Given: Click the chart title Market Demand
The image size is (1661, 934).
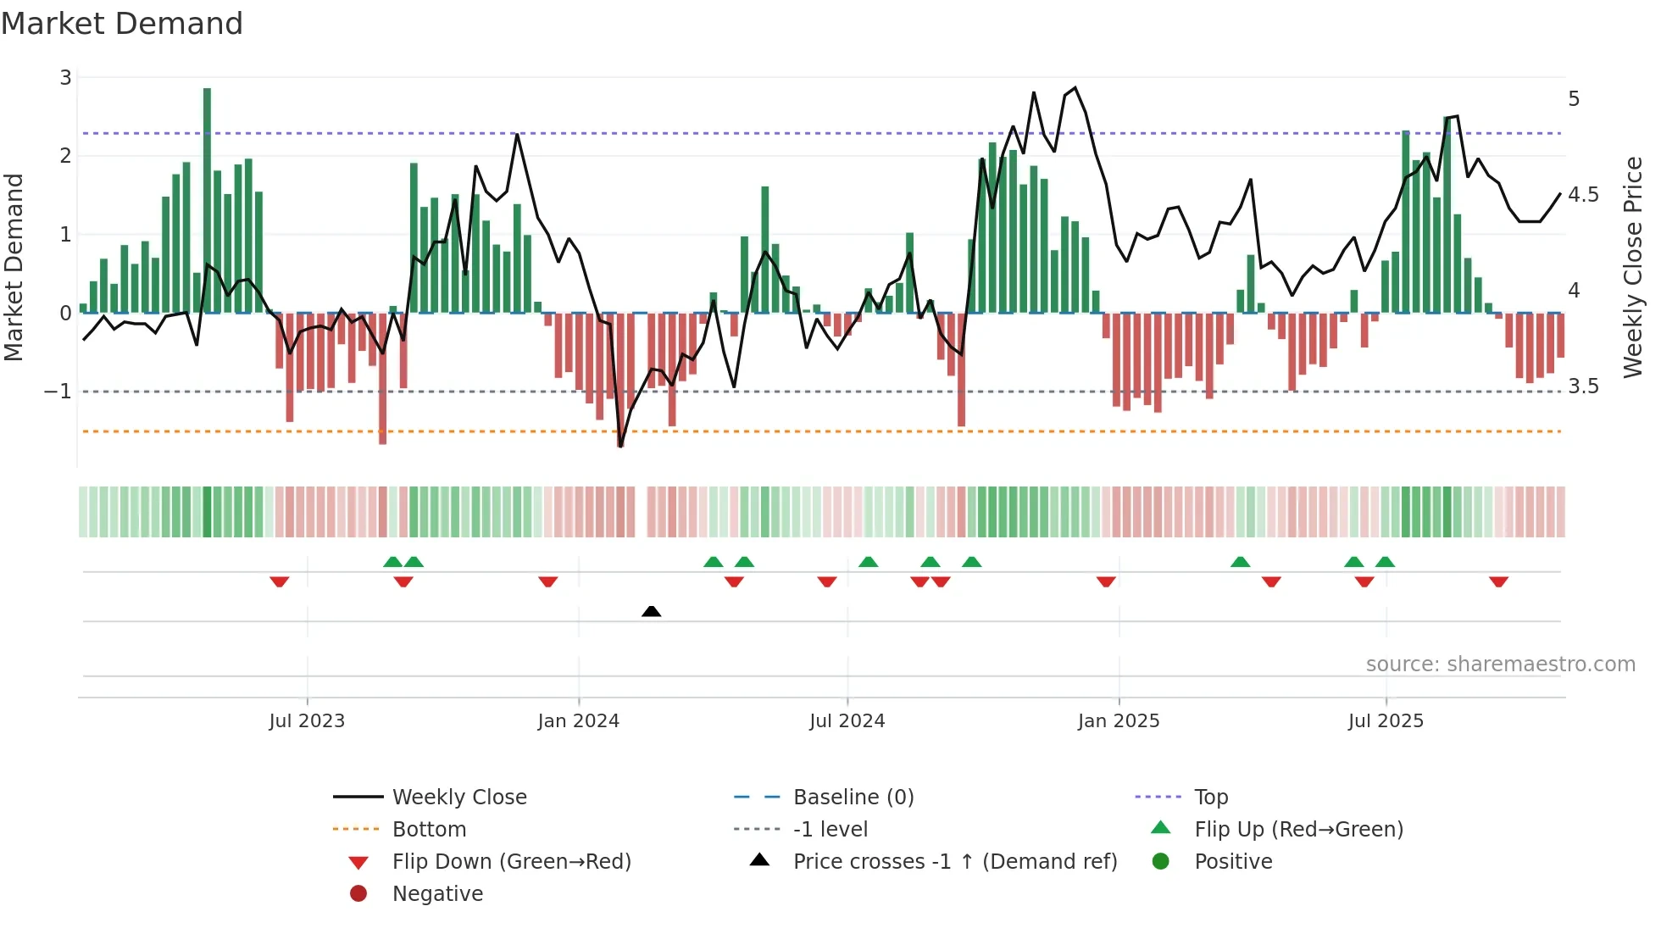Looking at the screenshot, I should [122, 24].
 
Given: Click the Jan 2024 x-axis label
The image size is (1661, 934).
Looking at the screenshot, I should [578, 721].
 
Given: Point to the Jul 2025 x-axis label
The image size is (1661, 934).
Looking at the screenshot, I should [1386, 721].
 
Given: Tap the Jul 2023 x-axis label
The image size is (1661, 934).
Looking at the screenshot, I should [307, 721].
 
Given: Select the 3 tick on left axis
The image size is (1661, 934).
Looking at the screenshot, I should [65, 78].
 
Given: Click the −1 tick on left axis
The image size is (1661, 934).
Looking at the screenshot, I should [58, 392].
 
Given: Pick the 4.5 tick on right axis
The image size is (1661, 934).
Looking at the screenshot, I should [1583, 195].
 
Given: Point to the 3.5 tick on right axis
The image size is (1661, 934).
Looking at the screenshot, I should [1583, 386].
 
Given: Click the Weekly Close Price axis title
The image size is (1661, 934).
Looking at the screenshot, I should [1632, 267].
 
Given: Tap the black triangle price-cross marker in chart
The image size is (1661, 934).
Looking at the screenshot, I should [651, 611].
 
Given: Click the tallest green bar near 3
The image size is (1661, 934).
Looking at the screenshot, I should [207, 199].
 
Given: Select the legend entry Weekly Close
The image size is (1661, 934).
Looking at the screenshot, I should [458, 798].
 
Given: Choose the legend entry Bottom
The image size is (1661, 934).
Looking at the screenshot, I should [429, 830].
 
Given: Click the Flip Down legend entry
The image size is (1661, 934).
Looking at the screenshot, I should [511, 862].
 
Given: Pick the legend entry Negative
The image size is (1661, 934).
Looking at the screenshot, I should [437, 894].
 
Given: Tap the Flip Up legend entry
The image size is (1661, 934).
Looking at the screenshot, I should [1298, 830].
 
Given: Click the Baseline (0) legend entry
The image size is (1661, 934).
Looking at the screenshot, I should [853, 798].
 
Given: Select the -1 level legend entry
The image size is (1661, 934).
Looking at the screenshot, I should [830, 830].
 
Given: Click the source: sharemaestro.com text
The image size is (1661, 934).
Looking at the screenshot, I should [1500, 664].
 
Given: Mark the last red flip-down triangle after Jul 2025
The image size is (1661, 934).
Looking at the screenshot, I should [1498, 581].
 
